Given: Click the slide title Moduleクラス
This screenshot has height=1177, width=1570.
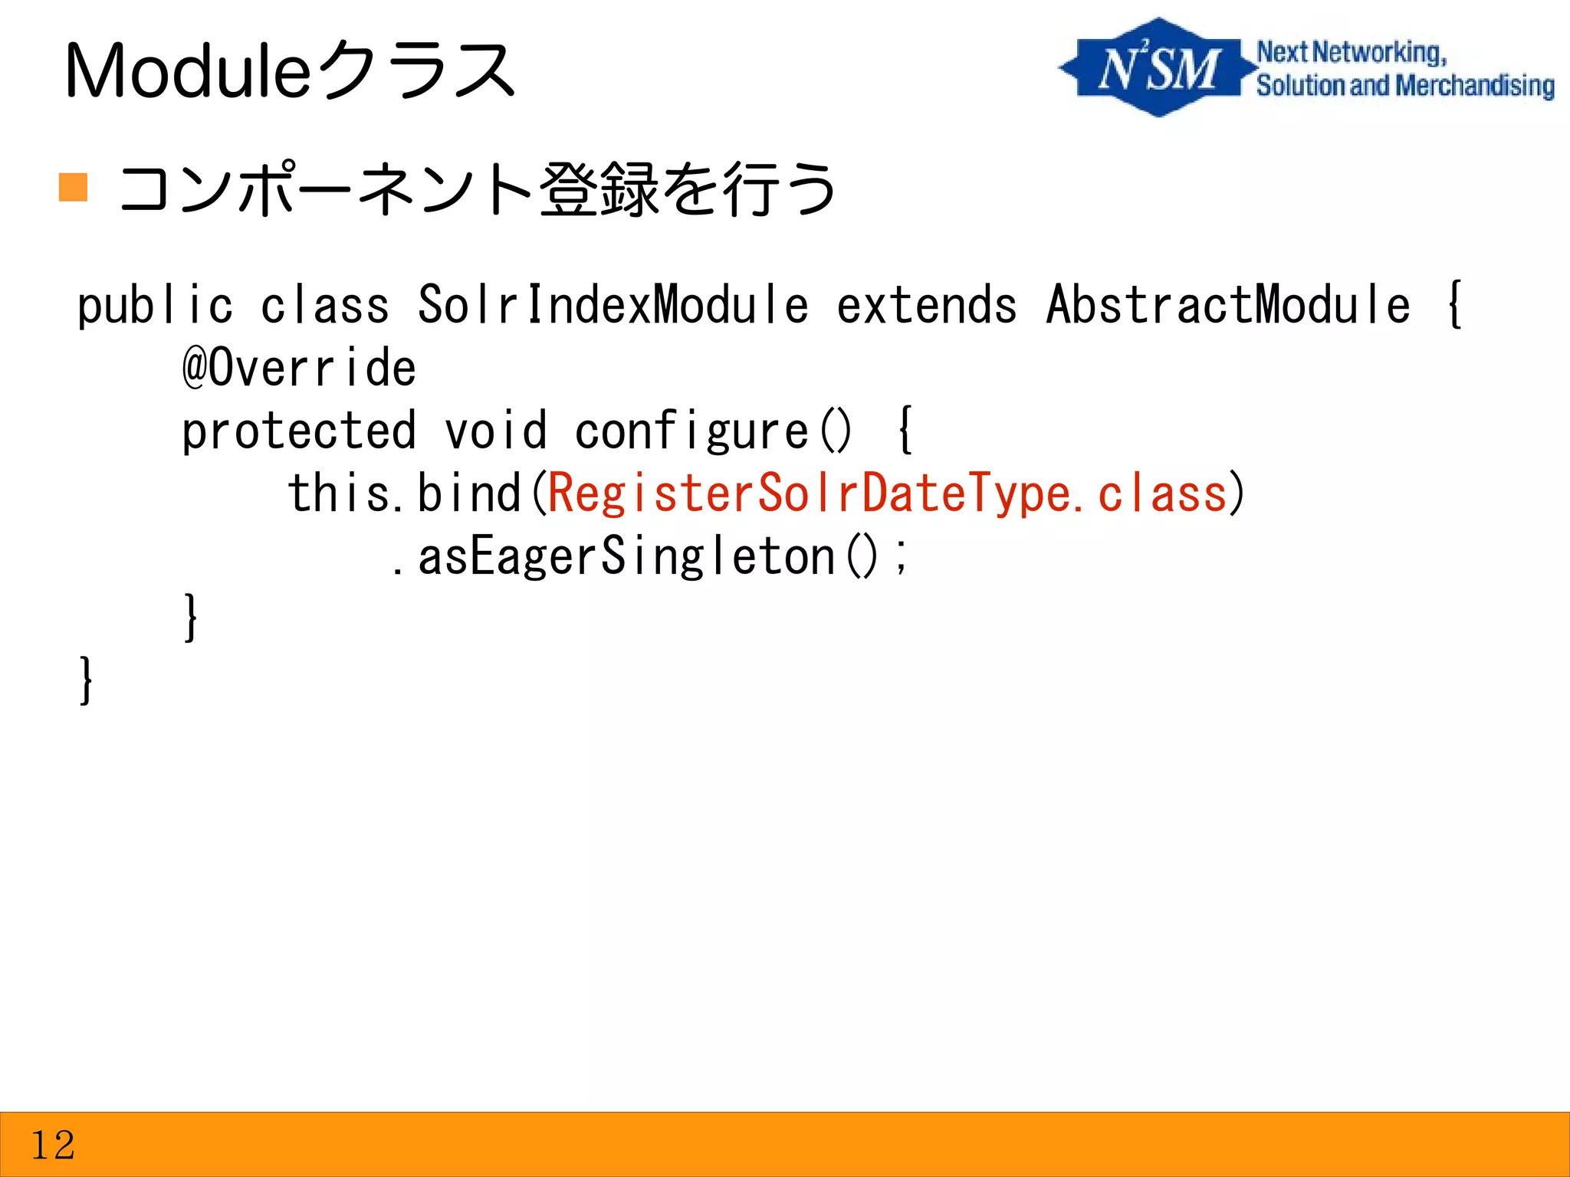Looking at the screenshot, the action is pyautogui.click(x=290, y=70).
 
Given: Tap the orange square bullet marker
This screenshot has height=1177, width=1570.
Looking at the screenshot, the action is pyautogui.click(x=73, y=187).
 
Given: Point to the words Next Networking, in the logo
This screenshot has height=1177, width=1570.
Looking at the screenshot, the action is pyautogui.click(x=1351, y=52).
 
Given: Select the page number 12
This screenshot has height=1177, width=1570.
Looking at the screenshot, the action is pyautogui.click(x=52, y=1145).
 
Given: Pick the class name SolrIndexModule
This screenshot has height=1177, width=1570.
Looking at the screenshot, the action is pyautogui.click(x=613, y=304).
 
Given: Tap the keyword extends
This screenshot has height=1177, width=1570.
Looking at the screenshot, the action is pyautogui.click(x=926, y=306).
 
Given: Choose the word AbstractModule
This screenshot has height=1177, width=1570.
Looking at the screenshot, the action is pyautogui.click(x=1227, y=304).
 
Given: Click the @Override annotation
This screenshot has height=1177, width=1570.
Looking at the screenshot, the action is pyautogui.click(x=299, y=367).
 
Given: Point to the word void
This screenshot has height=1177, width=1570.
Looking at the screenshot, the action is pyautogui.click(x=496, y=431).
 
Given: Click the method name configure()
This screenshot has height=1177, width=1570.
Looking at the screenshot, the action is pyautogui.click(x=713, y=431).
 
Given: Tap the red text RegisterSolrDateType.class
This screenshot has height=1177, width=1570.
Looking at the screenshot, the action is pyautogui.click(x=888, y=493).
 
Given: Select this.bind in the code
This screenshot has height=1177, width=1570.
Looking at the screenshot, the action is pyautogui.click(x=404, y=493).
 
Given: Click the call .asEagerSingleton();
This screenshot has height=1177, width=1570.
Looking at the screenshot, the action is pyautogui.click(x=649, y=557).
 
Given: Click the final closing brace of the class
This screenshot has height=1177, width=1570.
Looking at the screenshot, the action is pyautogui.click(x=86, y=680).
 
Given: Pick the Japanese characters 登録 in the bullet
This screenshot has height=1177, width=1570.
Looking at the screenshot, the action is pyautogui.click(x=599, y=189).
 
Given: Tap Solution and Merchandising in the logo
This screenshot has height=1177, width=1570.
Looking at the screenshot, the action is pyautogui.click(x=1404, y=86).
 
